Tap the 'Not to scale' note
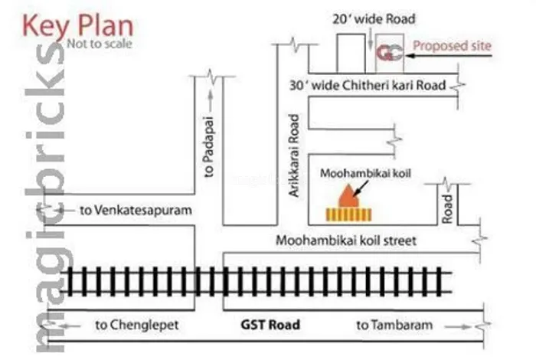click(100, 44)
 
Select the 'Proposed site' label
click(452, 46)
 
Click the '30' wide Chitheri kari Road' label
click(368, 86)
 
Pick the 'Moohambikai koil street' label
click(346, 241)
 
